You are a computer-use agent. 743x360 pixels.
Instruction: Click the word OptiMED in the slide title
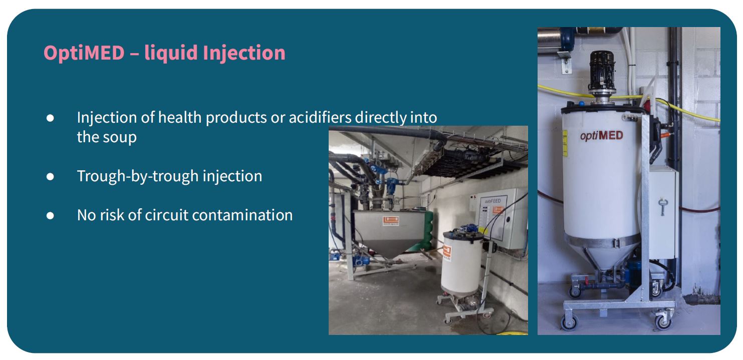[84, 53]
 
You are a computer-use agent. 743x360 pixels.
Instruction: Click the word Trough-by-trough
[138, 176]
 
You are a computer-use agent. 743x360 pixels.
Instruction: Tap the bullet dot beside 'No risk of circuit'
[50, 216]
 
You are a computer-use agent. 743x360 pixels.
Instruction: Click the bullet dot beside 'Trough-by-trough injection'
[50, 177]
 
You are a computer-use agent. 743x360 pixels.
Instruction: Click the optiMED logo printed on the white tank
[601, 136]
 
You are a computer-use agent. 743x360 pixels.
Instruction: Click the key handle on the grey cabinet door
[662, 206]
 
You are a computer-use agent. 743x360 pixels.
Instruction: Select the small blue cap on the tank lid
[581, 104]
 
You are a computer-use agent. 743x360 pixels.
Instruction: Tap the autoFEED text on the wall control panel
[492, 201]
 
